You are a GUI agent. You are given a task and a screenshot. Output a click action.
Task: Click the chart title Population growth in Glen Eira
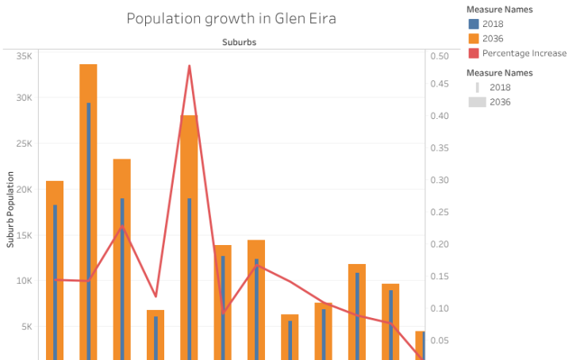(x=231, y=18)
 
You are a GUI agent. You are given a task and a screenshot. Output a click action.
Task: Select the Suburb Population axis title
(x=10, y=211)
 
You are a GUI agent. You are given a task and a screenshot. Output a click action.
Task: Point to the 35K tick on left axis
(x=24, y=56)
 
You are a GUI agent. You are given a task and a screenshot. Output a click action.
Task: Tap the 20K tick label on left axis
(x=24, y=190)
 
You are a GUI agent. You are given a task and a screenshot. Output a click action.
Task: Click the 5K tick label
(x=26, y=327)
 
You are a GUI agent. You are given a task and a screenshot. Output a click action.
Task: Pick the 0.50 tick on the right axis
(x=439, y=56)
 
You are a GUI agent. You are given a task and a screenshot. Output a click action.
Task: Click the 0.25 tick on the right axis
(x=439, y=213)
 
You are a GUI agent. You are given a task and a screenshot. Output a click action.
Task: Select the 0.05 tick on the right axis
(x=439, y=341)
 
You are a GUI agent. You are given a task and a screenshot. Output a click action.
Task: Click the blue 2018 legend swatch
(x=474, y=24)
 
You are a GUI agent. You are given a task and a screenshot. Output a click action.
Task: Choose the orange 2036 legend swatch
(x=474, y=38)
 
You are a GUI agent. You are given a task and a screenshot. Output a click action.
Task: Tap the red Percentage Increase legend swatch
(x=474, y=53)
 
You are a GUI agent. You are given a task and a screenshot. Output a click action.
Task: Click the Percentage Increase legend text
(x=524, y=53)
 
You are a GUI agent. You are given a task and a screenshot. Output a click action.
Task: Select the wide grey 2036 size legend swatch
(x=477, y=102)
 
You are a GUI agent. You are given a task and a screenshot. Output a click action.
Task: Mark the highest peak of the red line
(x=189, y=66)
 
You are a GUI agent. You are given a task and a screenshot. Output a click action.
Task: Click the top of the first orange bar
(x=55, y=182)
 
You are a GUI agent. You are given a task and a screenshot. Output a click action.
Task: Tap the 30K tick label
(x=24, y=98)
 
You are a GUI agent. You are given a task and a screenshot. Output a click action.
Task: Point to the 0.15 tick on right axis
(x=439, y=277)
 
